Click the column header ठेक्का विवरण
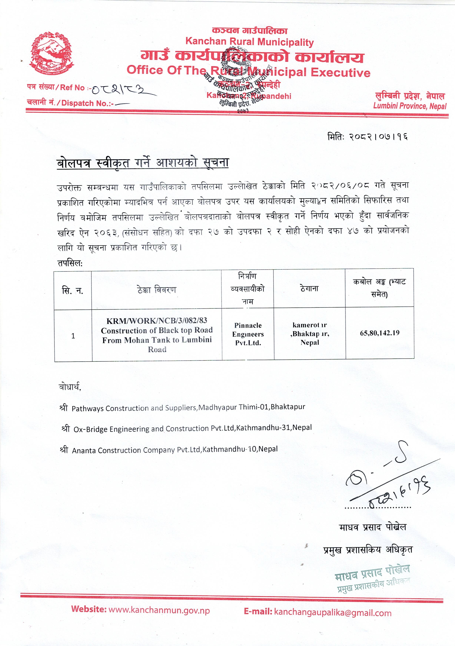coord(157,290)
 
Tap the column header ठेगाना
coord(309,289)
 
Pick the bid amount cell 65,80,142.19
coord(379,333)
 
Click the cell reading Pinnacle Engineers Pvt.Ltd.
coord(248,334)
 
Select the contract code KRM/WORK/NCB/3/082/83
coord(157,320)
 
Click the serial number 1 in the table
coord(73,336)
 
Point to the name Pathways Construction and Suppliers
coord(135,408)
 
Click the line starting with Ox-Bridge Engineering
coord(192,428)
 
